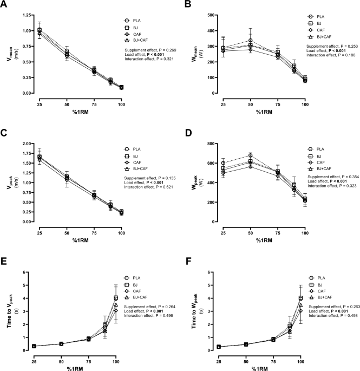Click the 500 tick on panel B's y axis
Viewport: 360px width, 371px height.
(210, 16)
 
